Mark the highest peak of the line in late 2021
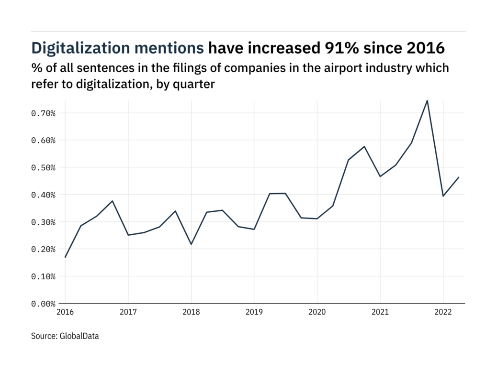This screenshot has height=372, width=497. pyautogui.click(x=427, y=100)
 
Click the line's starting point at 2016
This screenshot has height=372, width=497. pyautogui.click(x=65, y=257)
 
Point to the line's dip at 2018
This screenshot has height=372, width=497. pyautogui.click(x=191, y=244)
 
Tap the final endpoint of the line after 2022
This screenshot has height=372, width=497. pyautogui.click(x=459, y=177)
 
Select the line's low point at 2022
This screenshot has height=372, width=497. pyautogui.click(x=443, y=196)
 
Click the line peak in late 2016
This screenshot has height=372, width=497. pyautogui.click(x=112, y=201)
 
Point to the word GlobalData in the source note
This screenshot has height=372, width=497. pyautogui.click(x=79, y=336)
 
